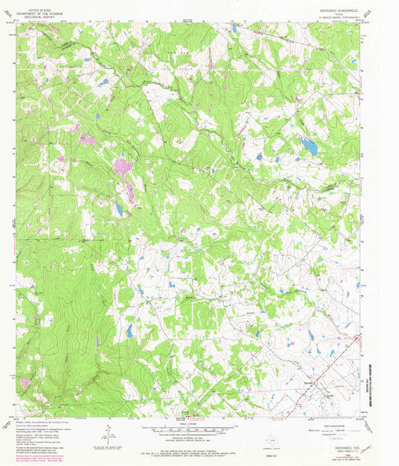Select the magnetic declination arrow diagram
[111, 433]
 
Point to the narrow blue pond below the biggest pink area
[118, 209]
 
